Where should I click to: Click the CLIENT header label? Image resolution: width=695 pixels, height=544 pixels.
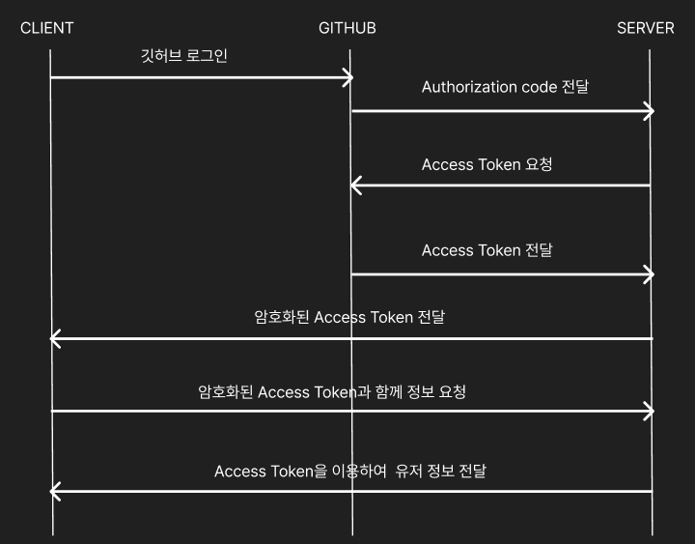tap(46, 27)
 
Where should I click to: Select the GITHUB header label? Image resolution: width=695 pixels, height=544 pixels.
tap(347, 27)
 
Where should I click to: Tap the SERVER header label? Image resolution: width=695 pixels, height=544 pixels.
tap(645, 27)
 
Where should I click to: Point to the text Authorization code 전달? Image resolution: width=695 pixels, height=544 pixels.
tap(505, 87)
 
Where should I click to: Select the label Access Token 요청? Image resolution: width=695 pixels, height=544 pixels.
tap(486, 165)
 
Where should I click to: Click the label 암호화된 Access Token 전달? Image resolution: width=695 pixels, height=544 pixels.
tap(348, 317)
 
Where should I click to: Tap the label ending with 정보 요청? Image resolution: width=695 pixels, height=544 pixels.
tap(331, 392)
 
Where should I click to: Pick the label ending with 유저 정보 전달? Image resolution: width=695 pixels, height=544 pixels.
tap(349, 472)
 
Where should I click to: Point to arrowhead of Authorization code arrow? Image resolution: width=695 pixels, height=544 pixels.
tap(651, 111)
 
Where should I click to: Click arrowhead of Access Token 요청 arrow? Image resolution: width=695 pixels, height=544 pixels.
tap(354, 185)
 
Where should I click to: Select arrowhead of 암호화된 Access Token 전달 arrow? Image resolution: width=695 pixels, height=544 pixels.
tap(54, 338)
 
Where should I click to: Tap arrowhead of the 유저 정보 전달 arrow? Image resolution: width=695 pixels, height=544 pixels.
tap(54, 492)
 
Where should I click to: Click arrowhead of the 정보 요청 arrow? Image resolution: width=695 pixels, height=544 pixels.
tap(651, 412)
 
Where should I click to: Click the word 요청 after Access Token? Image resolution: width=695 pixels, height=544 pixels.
tap(539, 165)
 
